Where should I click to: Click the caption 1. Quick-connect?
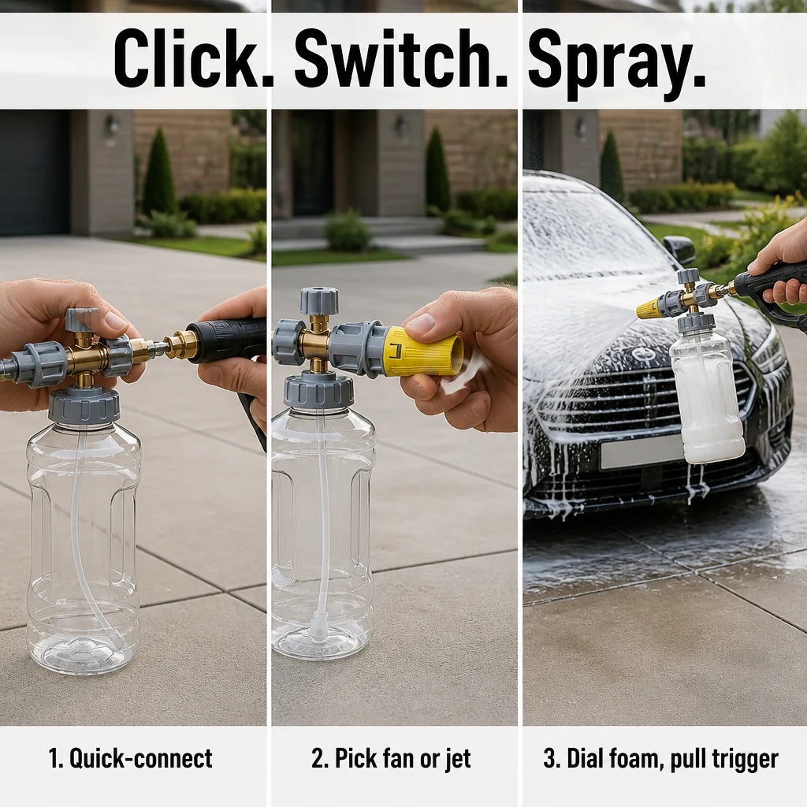click(x=130, y=759)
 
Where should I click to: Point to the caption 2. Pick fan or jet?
click(x=391, y=759)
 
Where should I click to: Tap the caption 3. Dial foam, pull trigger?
click(x=661, y=759)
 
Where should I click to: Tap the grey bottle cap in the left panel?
click(x=84, y=405)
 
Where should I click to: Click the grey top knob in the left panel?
click(x=81, y=319)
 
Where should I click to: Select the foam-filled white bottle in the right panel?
click(x=705, y=394)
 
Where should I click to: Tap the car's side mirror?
click(x=679, y=250)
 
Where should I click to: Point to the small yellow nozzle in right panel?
click(x=650, y=307)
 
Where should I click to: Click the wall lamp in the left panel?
click(x=111, y=125)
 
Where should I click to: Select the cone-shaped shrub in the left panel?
click(x=159, y=173)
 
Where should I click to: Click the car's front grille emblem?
click(x=642, y=355)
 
